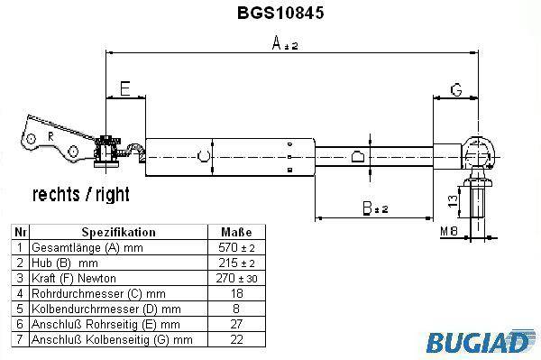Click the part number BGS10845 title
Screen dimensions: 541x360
pos(280,13)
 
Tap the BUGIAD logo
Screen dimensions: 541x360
pos(480,341)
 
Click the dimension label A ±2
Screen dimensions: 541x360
pos(285,43)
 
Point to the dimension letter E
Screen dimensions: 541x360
pos(125,88)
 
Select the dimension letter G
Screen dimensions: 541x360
pos(456,89)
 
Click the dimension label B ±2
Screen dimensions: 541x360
pos(375,208)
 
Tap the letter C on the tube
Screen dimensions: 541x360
pos(203,156)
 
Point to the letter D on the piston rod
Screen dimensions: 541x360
pos(357,156)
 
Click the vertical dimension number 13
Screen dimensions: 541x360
pos(453,200)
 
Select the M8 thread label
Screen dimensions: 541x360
pos(448,231)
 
